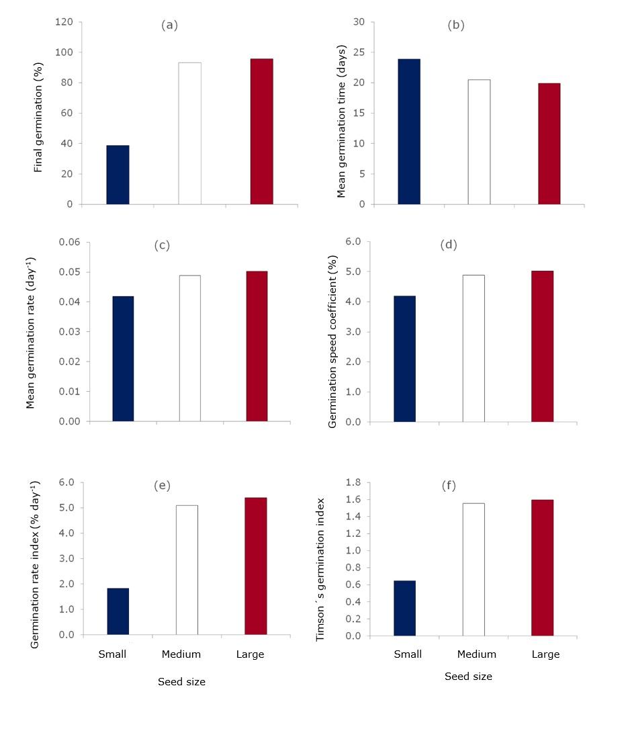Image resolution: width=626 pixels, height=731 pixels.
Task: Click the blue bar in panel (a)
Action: point(118,175)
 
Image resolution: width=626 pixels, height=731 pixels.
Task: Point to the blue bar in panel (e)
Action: point(118,611)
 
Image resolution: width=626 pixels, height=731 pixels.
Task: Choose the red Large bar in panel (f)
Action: point(542,568)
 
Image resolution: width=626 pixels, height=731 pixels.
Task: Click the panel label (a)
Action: point(169,26)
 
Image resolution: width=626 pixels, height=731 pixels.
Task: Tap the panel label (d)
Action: point(448,245)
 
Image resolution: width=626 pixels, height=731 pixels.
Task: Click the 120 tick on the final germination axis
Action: point(64,22)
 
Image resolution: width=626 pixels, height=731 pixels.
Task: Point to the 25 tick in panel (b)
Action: point(359,52)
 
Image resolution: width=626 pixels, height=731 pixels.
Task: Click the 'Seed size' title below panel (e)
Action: point(181,682)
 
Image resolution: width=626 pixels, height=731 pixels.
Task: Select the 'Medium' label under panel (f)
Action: point(477,654)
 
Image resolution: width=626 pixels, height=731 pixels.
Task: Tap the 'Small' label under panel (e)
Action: point(112,654)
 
